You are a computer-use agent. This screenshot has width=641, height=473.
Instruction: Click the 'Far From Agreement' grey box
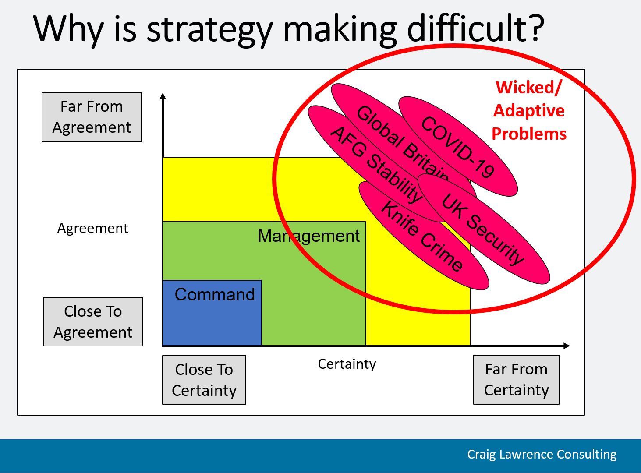(92, 117)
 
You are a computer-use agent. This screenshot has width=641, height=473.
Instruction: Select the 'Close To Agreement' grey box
(93, 321)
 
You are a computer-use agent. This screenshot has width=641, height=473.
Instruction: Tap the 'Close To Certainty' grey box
(204, 380)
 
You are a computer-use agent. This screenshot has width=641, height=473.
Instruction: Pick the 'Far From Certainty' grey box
(516, 379)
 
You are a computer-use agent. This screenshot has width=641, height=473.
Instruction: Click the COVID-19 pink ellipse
(458, 146)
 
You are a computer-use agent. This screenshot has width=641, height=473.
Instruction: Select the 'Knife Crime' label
(422, 236)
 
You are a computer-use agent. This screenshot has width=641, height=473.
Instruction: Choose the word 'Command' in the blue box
(215, 294)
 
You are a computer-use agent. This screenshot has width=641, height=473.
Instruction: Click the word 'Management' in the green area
(308, 236)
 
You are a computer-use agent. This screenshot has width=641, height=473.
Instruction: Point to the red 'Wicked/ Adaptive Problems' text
(529, 111)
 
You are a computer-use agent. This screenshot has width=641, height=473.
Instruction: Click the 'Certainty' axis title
(347, 364)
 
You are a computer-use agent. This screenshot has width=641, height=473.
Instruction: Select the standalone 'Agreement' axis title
(92, 228)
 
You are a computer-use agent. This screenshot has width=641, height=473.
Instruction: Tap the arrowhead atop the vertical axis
(163, 96)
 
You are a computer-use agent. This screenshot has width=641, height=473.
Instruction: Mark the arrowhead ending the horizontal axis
(567, 346)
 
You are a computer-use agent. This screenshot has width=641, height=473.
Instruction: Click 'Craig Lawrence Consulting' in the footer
(542, 455)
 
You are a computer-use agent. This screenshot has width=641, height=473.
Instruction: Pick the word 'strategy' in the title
(210, 30)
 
